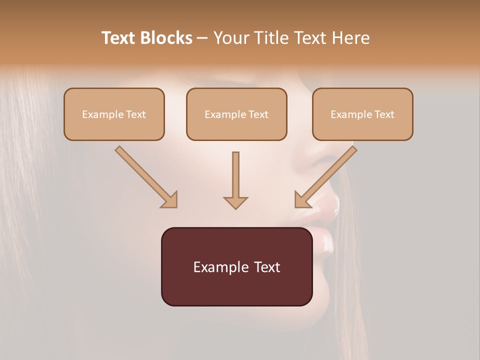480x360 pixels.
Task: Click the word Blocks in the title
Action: point(166,38)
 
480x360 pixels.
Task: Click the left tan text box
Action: point(114,114)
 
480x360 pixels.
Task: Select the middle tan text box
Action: point(236,114)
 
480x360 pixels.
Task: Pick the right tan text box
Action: point(362,114)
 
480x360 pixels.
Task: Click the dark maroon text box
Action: point(236,266)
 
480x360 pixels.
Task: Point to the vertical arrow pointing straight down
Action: point(235,180)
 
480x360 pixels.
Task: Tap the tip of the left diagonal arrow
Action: point(176,206)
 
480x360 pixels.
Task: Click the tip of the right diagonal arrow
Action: point(296,206)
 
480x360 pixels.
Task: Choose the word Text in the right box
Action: point(384,114)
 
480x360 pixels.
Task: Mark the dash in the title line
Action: point(202,38)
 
